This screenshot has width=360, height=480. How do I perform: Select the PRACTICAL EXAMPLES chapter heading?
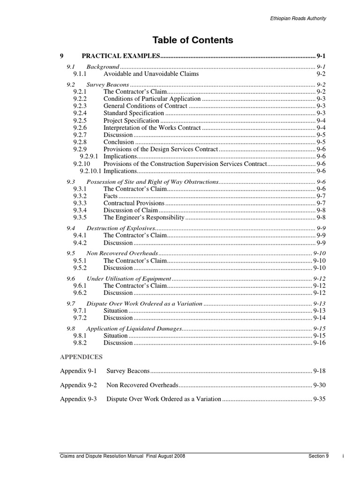click(x=121, y=56)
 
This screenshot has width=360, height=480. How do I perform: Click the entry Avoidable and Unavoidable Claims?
click(x=151, y=74)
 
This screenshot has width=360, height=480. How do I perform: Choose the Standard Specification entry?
click(x=134, y=113)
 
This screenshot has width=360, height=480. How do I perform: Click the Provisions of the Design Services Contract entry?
click(x=161, y=150)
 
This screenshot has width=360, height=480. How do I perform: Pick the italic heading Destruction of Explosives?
click(x=121, y=228)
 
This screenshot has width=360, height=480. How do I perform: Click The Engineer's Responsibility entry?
click(x=144, y=217)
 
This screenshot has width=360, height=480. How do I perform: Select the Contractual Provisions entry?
click(x=134, y=203)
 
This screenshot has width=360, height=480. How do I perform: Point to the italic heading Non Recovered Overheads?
click(x=122, y=253)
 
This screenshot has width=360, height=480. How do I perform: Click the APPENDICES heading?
click(x=81, y=357)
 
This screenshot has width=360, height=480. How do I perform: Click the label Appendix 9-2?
click(x=78, y=385)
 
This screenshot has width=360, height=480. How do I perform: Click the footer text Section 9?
click(x=319, y=456)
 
